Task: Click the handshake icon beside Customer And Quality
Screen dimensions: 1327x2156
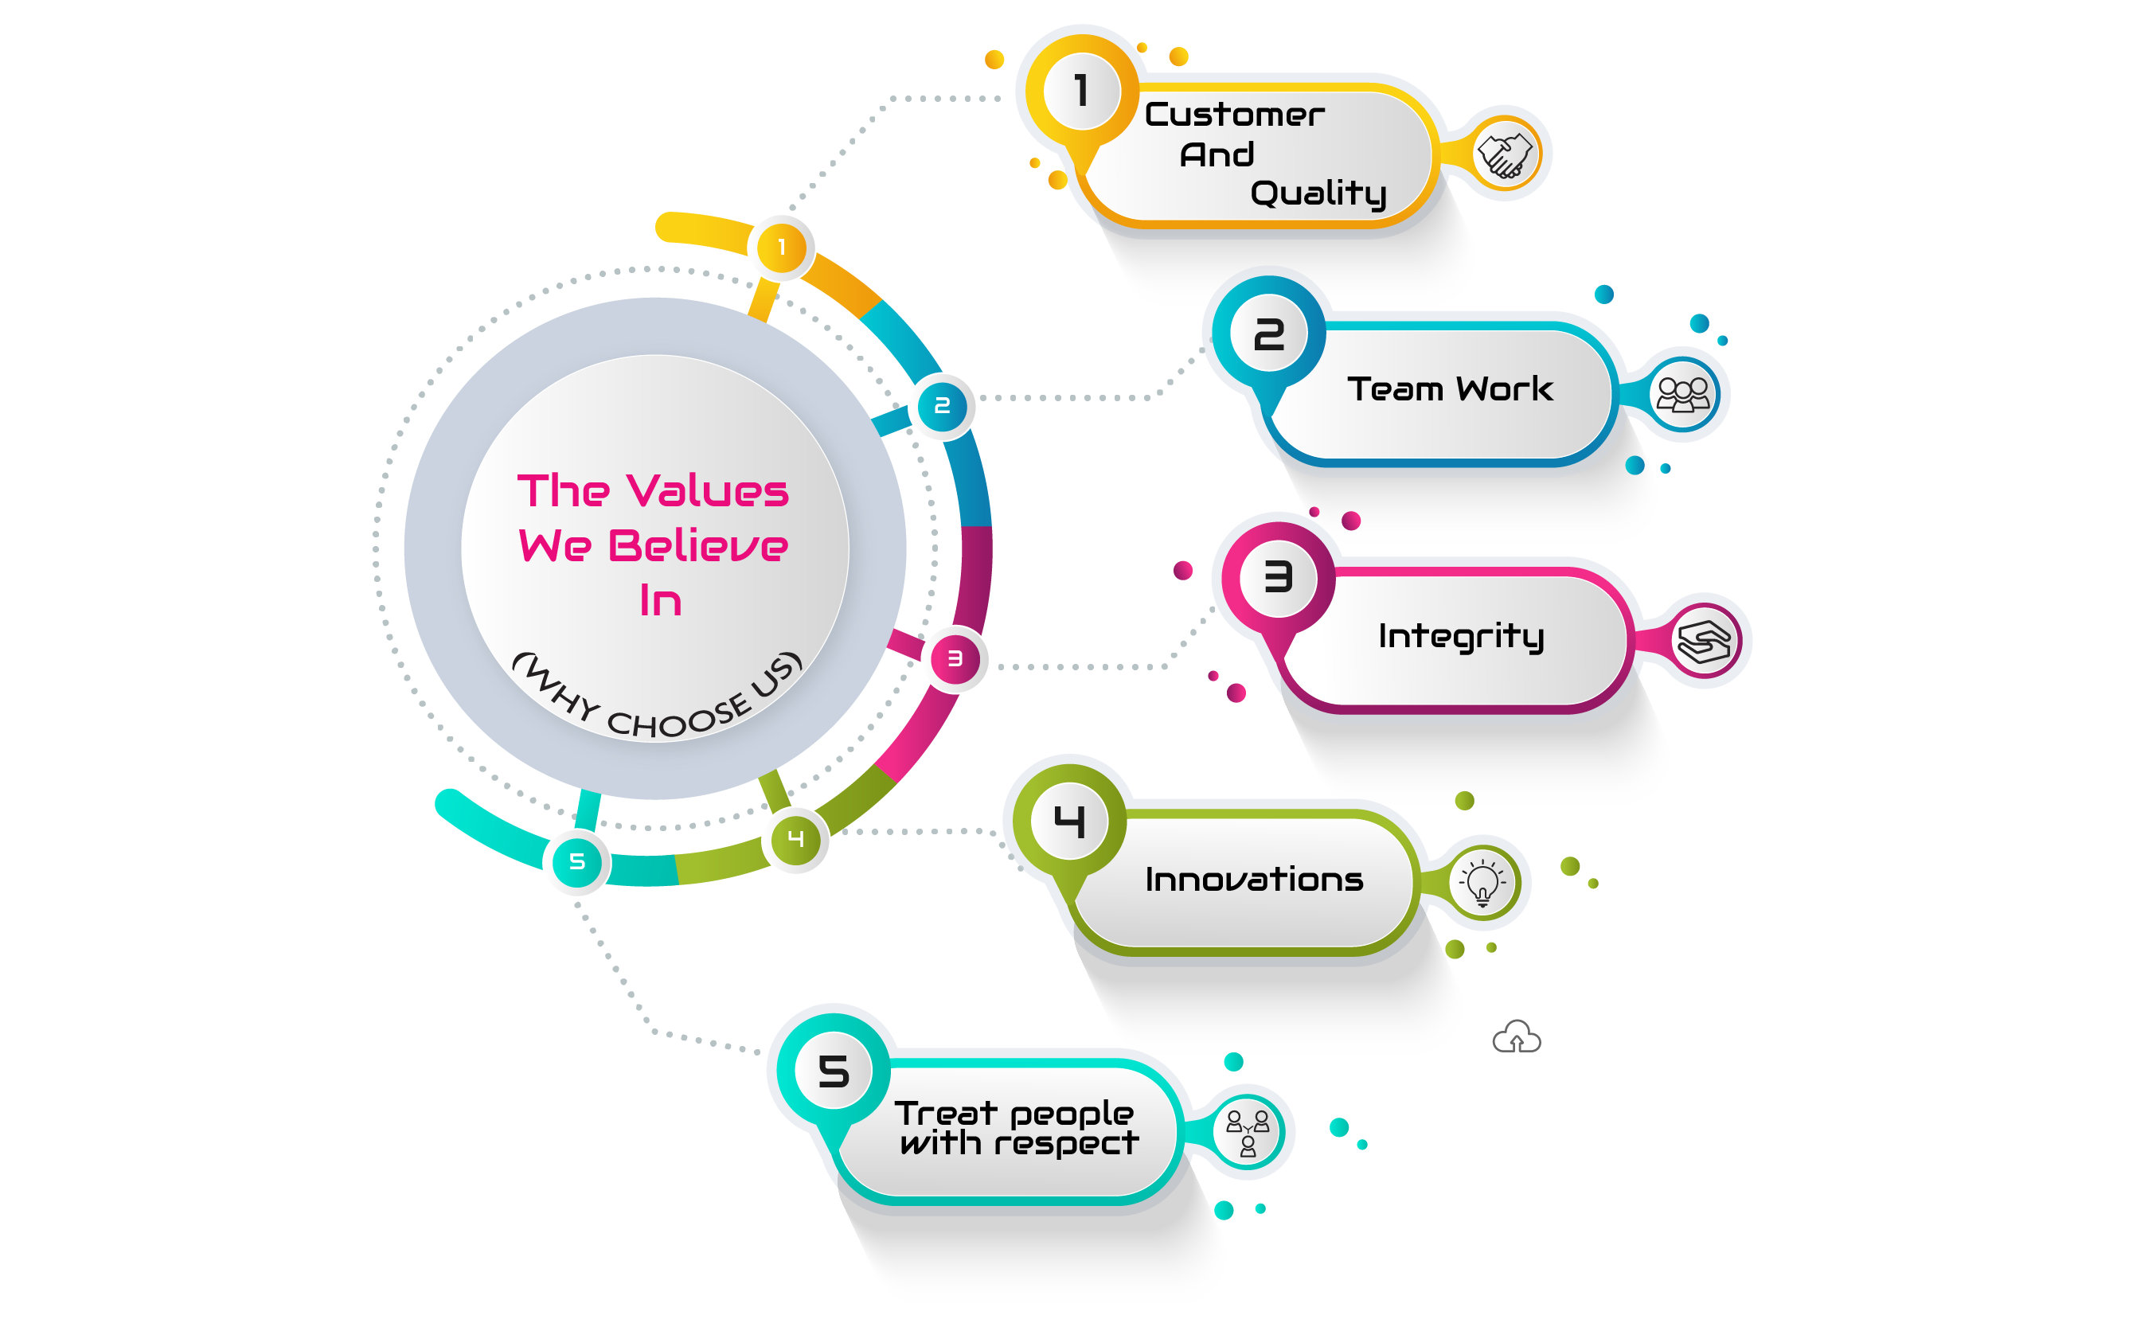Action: pos(1504,154)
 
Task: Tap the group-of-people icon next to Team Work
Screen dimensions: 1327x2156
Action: pos(1682,395)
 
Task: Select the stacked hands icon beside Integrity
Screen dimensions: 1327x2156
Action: pos(1703,642)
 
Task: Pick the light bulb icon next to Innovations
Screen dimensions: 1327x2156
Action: pos(1482,882)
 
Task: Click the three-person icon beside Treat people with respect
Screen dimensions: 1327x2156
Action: pos(1247,1131)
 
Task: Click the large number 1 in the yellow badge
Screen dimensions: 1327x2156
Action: pos(1081,92)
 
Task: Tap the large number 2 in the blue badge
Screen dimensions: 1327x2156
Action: pos(1269,335)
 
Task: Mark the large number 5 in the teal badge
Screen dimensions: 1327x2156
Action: pos(834,1071)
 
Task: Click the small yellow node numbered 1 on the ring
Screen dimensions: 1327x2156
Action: pos(782,248)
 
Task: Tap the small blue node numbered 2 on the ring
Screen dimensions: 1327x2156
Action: pos(943,406)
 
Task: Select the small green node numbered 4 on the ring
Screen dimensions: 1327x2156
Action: pos(796,839)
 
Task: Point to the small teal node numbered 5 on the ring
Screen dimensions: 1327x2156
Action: pos(576,862)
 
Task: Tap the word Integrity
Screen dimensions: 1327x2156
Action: pos(1461,636)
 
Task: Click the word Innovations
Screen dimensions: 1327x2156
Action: pos(1254,880)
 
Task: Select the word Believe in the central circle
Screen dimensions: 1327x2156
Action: pos(697,546)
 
